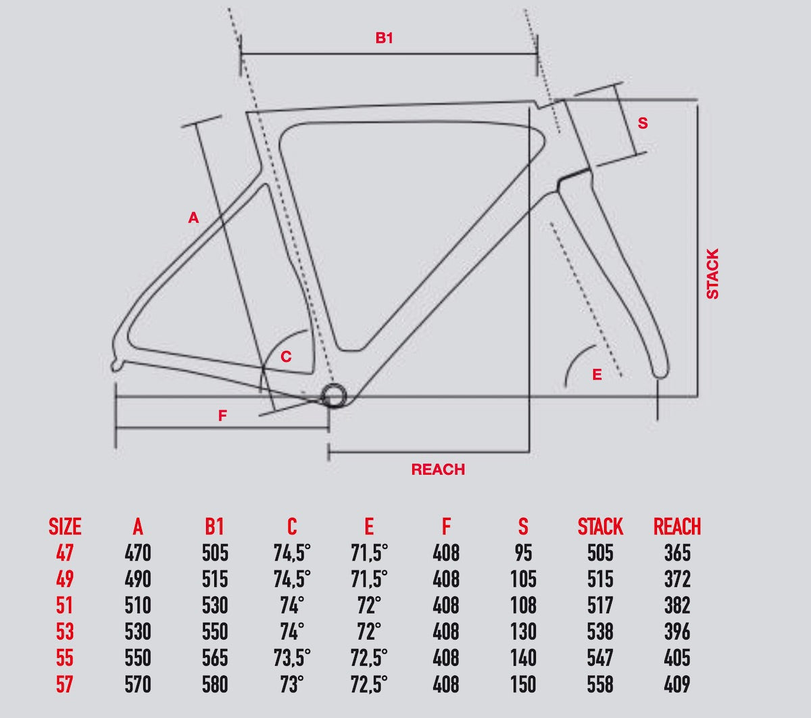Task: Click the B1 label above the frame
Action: pos(384,38)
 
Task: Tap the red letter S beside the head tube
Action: pos(643,123)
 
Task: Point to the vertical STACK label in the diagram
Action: pos(712,274)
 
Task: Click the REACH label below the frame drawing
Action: pos(438,469)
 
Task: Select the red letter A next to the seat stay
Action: pos(193,218)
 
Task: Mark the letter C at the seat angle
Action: pos(286,356)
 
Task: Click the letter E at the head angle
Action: pos(597,375)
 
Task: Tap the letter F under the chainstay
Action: pos(222,416)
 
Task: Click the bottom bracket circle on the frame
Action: pos(333,396)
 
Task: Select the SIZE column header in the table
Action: pos(65,527)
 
